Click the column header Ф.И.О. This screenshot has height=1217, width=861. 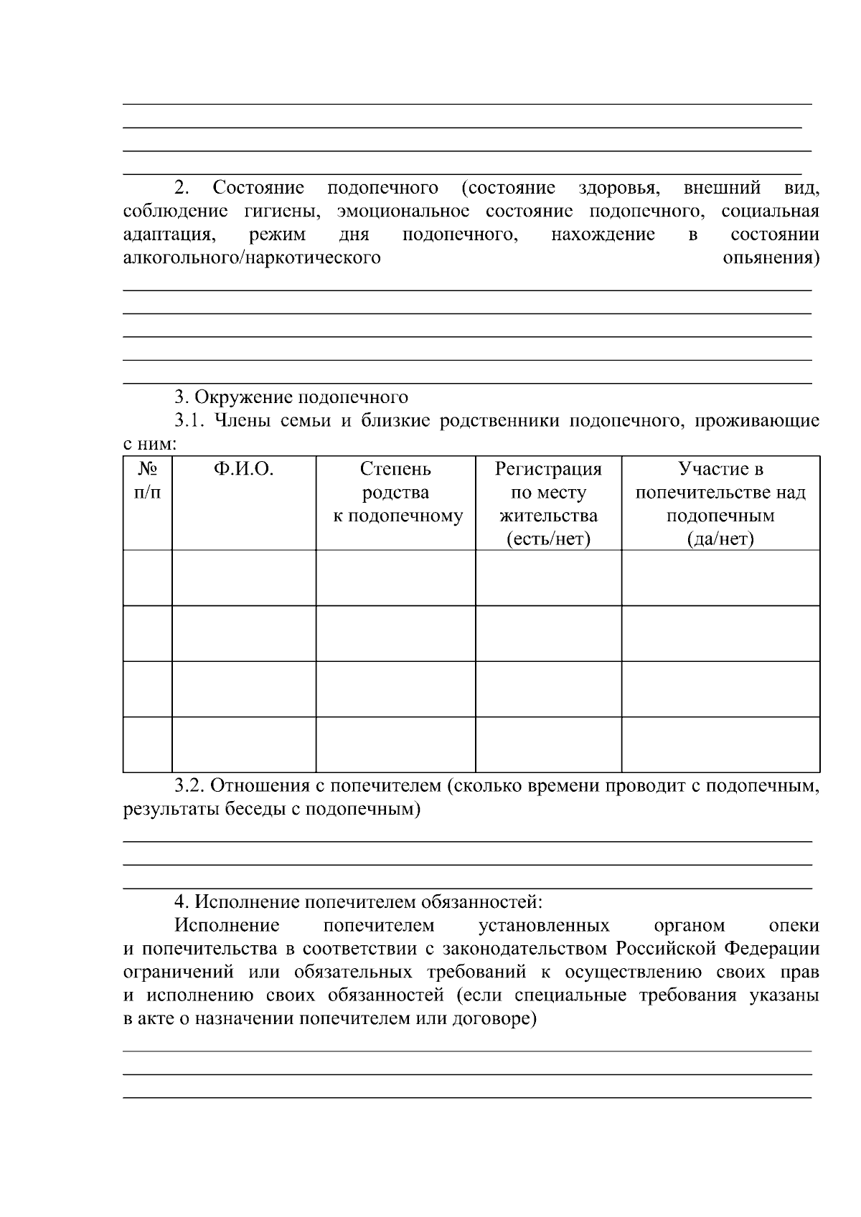click(x=243, y=469)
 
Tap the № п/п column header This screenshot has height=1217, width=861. click(x=148, y=480)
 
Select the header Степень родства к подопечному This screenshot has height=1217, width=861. click(x=395, y=493)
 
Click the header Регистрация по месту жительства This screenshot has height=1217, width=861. click(x=548, y=493)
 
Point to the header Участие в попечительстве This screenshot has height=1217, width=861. click(x=720, y=493)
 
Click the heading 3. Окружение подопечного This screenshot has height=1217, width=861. click(x=292, y=397)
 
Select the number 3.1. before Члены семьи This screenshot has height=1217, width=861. click(x=190, y=421)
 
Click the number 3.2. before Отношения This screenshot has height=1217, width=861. click(x=190, y=786)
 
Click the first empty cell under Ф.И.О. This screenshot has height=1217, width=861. click(x=243, y=578)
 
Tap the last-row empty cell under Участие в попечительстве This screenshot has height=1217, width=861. click(x=720, y=744)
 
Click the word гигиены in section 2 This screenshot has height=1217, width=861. click(x=281, y=212)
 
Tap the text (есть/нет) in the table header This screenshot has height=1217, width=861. click(x=548, y=539)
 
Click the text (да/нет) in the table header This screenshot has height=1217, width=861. click(x=720, y=539)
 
